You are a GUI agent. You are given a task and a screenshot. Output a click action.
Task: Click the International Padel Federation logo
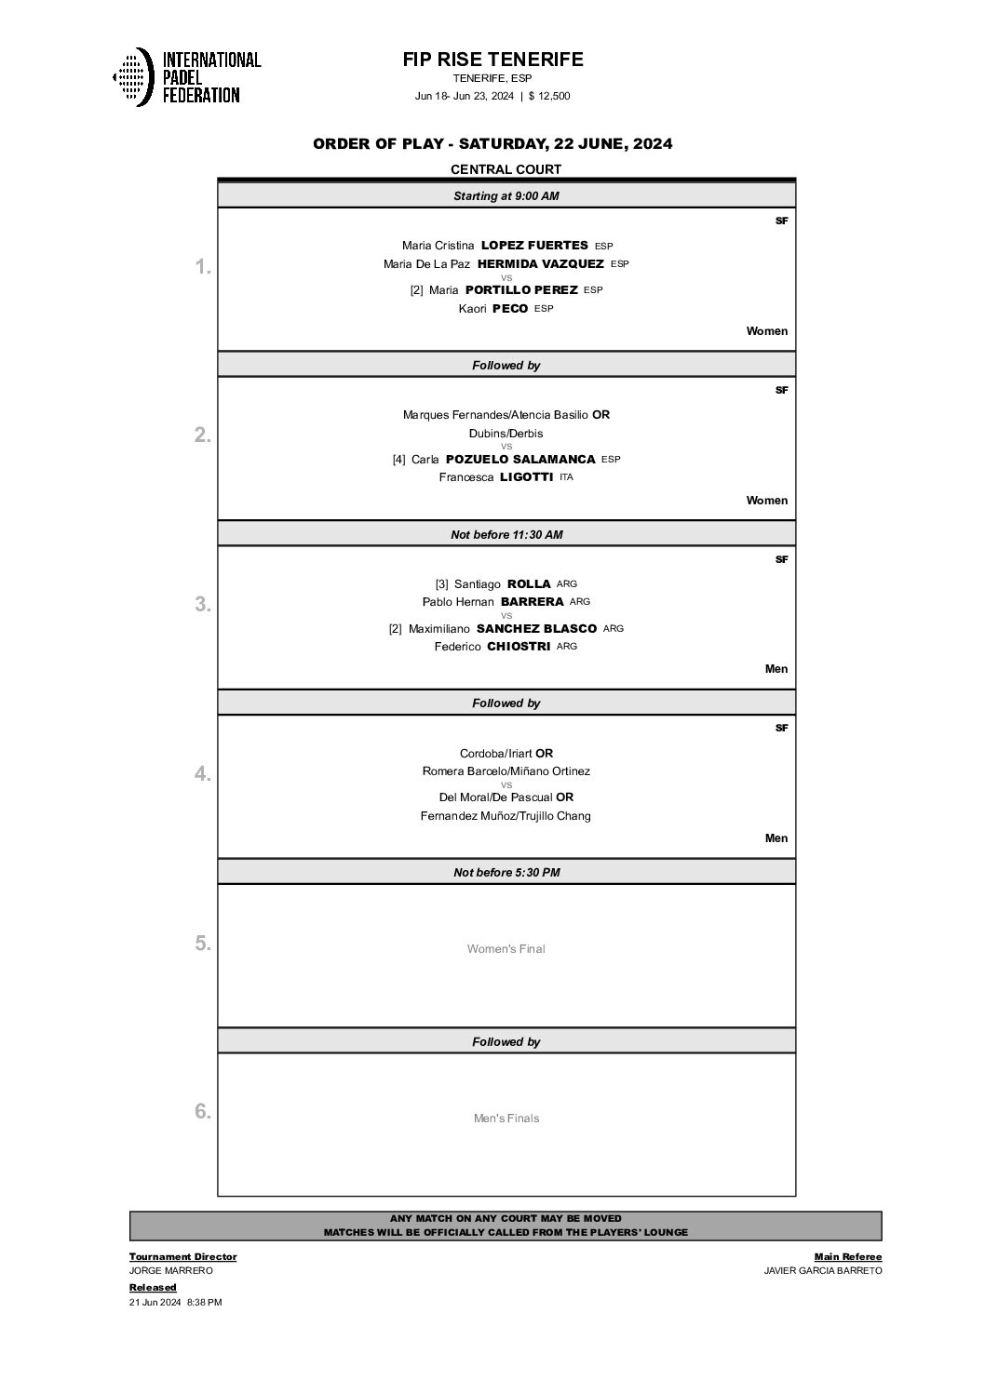(186, 76)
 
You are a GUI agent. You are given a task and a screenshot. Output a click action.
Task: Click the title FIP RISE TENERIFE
(492, 60)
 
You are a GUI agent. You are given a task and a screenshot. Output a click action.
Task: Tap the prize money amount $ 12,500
(549, 96)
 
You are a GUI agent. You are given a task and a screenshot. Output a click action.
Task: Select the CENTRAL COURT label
(506, 169)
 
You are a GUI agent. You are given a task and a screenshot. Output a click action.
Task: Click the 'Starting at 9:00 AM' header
(506, 196)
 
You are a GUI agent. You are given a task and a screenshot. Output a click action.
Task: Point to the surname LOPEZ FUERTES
(534, 246)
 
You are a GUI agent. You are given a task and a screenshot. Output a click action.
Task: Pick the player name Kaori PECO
(493, 309)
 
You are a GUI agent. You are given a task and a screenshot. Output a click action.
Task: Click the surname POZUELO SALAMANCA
(520, 460)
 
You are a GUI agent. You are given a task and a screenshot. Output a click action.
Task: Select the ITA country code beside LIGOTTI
(566, 477)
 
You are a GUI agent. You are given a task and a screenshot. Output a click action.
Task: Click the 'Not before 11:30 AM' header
(506, 535)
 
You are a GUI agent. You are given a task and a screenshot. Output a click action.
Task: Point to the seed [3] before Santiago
(441, 584)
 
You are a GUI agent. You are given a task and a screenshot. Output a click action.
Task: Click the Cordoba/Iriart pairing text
(496, 754)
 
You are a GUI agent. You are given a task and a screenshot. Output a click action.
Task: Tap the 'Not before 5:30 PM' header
(506, 873)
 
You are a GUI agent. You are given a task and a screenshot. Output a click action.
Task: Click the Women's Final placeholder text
(506, 949)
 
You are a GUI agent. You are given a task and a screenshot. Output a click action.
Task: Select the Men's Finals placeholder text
(506, 1118)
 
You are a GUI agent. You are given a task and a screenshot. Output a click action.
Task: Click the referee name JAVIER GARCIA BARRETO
(822, 1271)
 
